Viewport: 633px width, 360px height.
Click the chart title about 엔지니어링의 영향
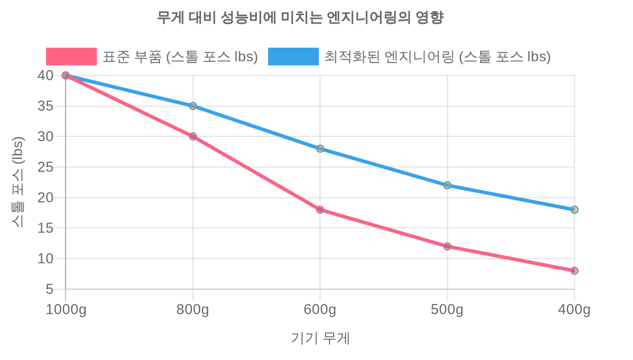pos(300,17)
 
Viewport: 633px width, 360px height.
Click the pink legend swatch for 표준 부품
pos(71,57)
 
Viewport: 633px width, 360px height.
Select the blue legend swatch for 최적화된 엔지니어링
pos(293,57)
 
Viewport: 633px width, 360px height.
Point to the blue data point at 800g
pos(192,106)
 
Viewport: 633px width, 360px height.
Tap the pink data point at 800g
pos(192,136)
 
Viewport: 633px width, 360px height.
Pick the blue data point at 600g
pos(320,149)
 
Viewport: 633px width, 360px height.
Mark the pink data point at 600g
pos(320,210)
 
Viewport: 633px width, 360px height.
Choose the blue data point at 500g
pos(447,185)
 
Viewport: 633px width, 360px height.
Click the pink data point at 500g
pos(447,246)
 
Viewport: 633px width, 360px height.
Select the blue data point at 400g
pos(575,210)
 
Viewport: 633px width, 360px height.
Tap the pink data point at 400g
pos(575,271)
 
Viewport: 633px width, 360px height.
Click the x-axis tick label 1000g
pos(66,309)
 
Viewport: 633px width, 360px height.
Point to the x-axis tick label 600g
pos(320,309)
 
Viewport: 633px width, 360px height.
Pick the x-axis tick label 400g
pos(575,309)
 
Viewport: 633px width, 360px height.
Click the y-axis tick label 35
pos(45,106)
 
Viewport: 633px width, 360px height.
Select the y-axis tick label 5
pos(50,289)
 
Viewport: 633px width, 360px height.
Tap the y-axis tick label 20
pos(45,198)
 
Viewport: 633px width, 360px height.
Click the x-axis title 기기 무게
pos(320,338)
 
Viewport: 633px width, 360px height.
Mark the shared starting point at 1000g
pos(66,76)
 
